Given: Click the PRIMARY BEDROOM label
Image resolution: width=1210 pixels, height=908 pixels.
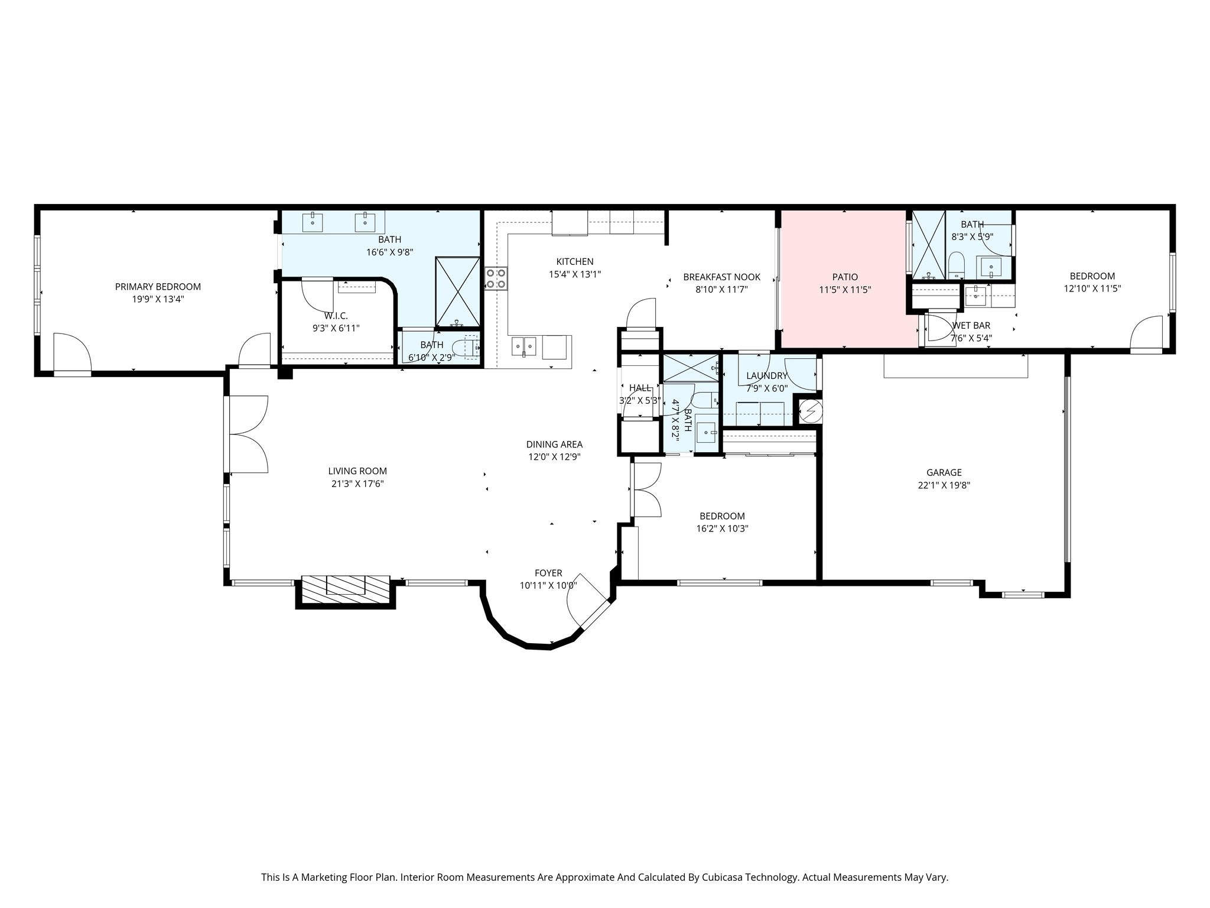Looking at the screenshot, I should [158, 287].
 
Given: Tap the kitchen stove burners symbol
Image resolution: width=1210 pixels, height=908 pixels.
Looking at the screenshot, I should [495, 278].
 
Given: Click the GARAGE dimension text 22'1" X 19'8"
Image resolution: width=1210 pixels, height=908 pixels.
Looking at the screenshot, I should [944, 485].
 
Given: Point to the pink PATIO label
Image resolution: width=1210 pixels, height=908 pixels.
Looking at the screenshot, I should [845, 277].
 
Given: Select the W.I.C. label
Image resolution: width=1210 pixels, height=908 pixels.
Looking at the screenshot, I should [336, 316].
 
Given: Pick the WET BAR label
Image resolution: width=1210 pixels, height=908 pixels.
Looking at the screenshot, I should [971, 326].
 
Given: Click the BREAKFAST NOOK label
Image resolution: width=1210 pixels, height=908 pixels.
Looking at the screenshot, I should [721, 277].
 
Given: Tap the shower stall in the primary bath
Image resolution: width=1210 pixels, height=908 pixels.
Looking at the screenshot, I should [458, 291].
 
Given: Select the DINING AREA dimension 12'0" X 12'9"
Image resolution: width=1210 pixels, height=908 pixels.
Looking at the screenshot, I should [554, 456].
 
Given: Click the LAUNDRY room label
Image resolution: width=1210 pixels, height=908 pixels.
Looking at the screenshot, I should [766, 376].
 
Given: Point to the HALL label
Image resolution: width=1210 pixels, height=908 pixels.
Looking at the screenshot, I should [640, 388].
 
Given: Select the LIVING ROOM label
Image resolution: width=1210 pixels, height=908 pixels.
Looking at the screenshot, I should [357, 471].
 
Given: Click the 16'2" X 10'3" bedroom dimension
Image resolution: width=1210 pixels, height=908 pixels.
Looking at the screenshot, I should [722, 529].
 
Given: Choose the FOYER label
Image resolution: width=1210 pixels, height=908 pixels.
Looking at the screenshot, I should [548, 573].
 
